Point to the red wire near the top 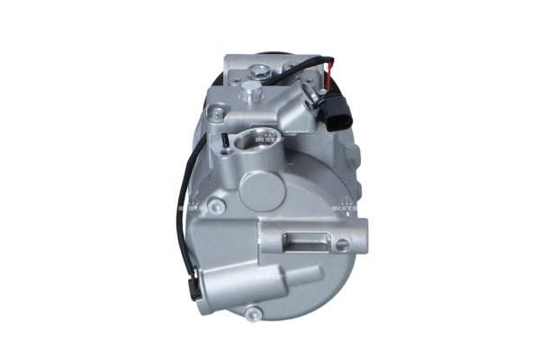pyautogui.click(x=333, y=67)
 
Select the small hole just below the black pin pyautogui.click(x=224, y=162)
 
